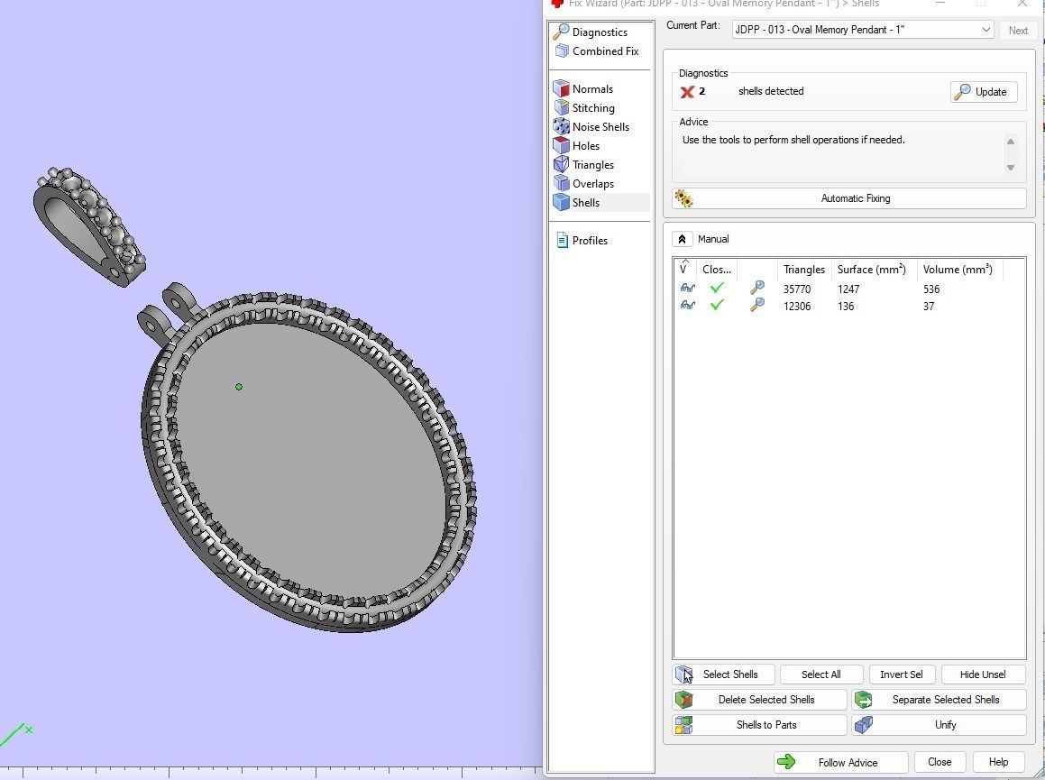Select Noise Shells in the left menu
click(600, 127)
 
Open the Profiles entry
click(589, 241)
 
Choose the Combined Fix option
click(604, 51)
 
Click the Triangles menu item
click(592, 165)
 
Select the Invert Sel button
click(901, 674)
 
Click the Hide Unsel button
click(982, 674)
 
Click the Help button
click(997, 762)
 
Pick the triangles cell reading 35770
click(797, 289)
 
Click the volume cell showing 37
click(929, 307)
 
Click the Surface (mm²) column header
click(871, 270)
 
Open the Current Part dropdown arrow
click(985, 30)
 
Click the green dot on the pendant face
click(239, 387)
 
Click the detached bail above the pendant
click(88, 225)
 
